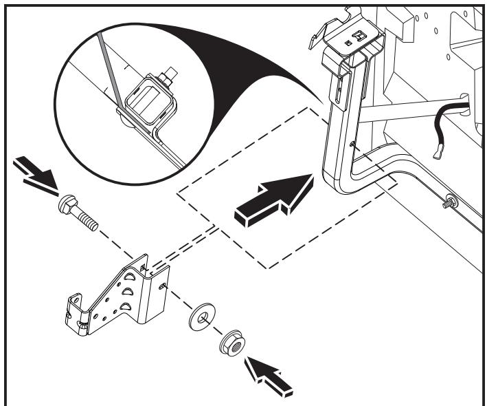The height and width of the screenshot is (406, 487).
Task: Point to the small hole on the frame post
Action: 353,143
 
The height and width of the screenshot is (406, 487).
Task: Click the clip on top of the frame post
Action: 357,41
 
